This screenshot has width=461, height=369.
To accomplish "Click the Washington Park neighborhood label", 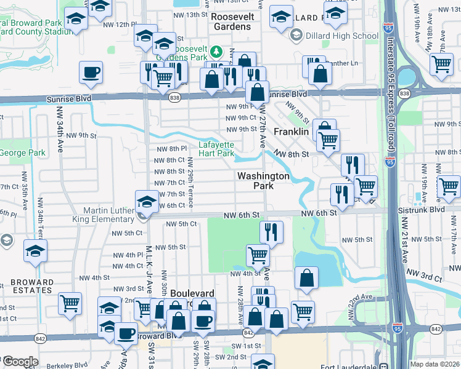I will coord(263,181).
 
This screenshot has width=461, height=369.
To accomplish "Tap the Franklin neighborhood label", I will coord(291,132).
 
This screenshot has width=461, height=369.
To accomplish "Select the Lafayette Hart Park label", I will coord(216,149).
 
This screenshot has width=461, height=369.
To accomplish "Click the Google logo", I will coord(20,362).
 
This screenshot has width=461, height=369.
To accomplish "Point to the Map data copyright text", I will coord(434,364).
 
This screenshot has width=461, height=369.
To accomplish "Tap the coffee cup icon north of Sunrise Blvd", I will coord(91,73).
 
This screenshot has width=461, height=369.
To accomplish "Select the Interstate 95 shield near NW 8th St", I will coord(390,162).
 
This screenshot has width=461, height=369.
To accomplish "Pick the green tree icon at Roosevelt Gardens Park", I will coord(216,51).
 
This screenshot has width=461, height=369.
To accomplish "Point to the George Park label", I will coord(23,152).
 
